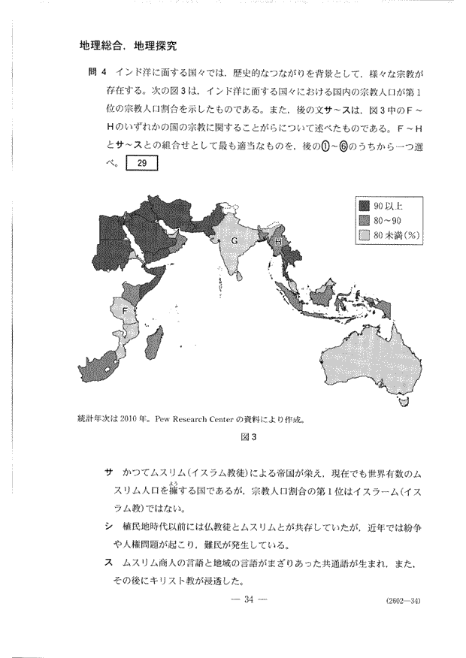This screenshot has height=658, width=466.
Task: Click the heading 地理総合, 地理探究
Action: (128, 46)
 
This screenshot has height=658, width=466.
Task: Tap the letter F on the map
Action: (125, 310)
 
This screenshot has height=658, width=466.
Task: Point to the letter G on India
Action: (234, 240)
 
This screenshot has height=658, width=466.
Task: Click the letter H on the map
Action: (277, 242)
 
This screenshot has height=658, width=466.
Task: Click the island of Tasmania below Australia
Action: (405, 405)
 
